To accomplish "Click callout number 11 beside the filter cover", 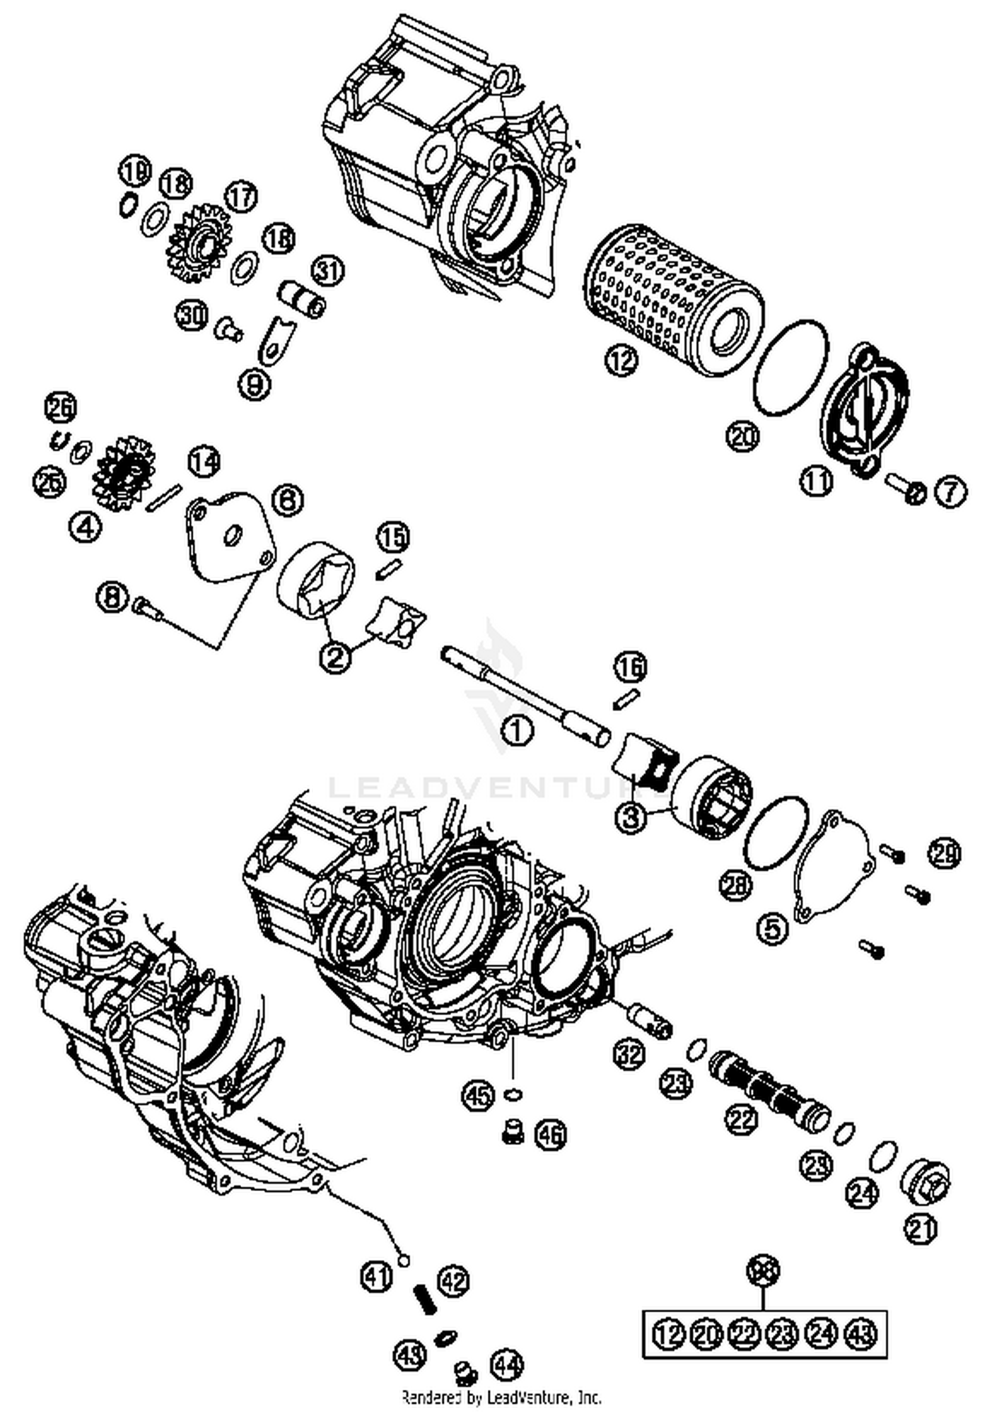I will click(x=816, y=481).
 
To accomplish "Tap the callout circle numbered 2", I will click(x=335, y=656).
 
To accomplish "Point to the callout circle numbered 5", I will click(x=772, y=929).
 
